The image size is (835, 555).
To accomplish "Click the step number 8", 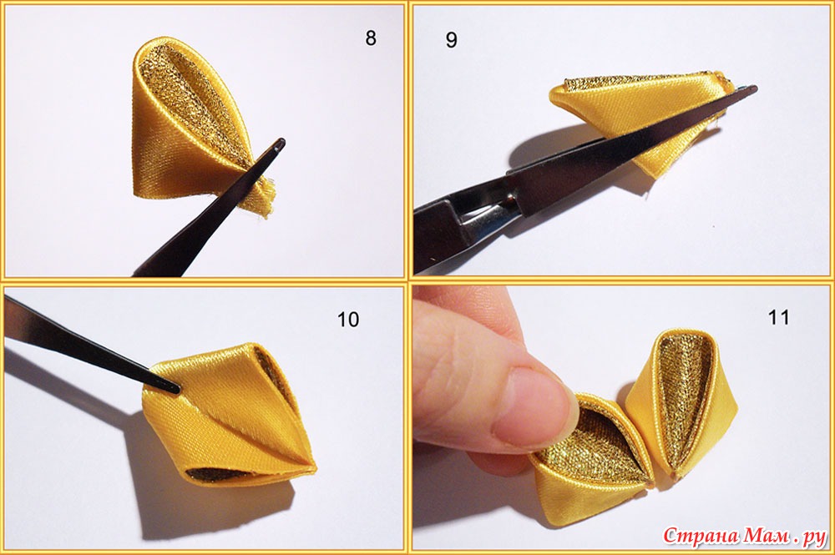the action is (x=371, y=38).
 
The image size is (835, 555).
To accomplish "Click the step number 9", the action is (x=451, y=40).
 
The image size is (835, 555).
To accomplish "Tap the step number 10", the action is (x=348, y=320).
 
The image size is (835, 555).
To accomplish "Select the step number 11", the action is (x=778, y=318).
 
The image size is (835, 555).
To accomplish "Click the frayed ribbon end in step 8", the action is (x=265, y=199).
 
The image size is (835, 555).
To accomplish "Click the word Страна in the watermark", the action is (x=701, y=536).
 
